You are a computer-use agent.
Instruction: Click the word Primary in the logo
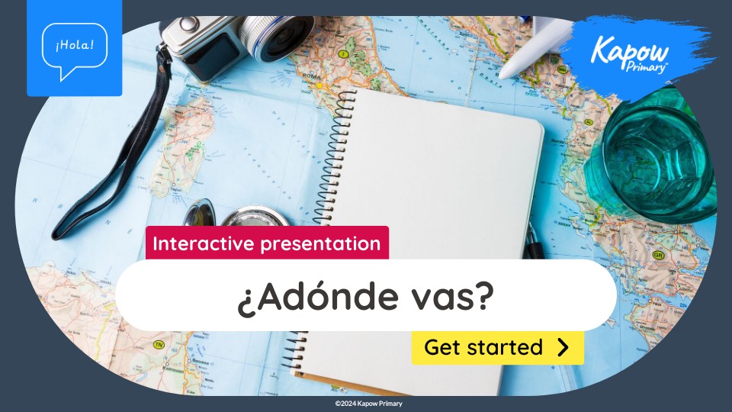click(647, 67)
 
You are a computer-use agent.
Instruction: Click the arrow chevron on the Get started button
click(563, 348)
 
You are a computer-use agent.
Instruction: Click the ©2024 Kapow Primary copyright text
click(368, 404)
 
